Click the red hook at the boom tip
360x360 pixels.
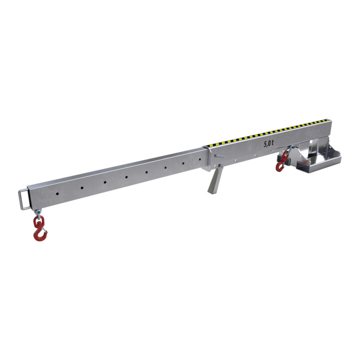tap(39, 234)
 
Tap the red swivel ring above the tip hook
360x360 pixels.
tap(38, 221)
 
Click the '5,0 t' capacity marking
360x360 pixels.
tap(268, 144)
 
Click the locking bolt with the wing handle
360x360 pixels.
tap(219, 156)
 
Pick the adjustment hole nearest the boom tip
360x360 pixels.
tap(57, 194)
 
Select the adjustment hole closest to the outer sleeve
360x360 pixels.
tap(199, 159)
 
